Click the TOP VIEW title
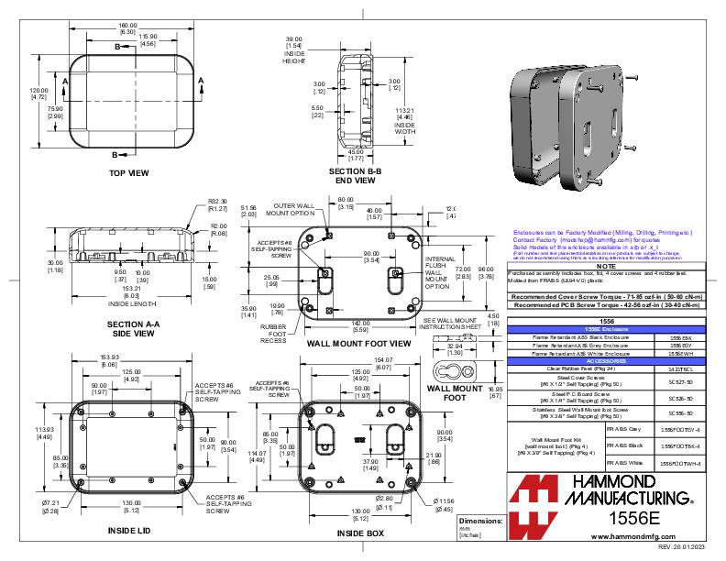[128, 172]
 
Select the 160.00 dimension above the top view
[128, 25]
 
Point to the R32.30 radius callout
[217, 202]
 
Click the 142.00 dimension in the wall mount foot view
[360, 322]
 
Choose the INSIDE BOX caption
[360, 532]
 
